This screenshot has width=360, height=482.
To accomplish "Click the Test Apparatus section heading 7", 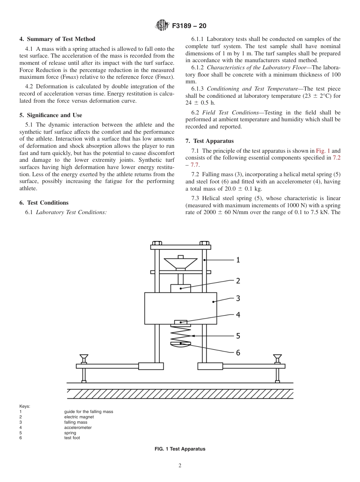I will coord(210,141).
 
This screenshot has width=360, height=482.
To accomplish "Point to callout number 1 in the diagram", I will coord(238,260).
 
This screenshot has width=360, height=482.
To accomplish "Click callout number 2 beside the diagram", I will coord(238,281).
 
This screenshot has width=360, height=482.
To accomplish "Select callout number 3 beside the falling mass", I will coord(238,298).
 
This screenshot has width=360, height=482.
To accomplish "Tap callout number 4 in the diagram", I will coord(238,315).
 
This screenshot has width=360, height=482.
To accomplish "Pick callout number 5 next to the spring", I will coord(238,336).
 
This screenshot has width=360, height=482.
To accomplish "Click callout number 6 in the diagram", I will coord(238,352).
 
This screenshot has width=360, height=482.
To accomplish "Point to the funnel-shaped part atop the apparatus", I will coord(180,263).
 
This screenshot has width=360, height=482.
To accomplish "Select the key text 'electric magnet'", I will coord(79,417).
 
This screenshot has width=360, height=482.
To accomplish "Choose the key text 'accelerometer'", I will coord(78,427).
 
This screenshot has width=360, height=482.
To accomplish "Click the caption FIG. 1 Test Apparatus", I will coord(180,449).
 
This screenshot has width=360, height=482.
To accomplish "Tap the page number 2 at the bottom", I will coord(180,466).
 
